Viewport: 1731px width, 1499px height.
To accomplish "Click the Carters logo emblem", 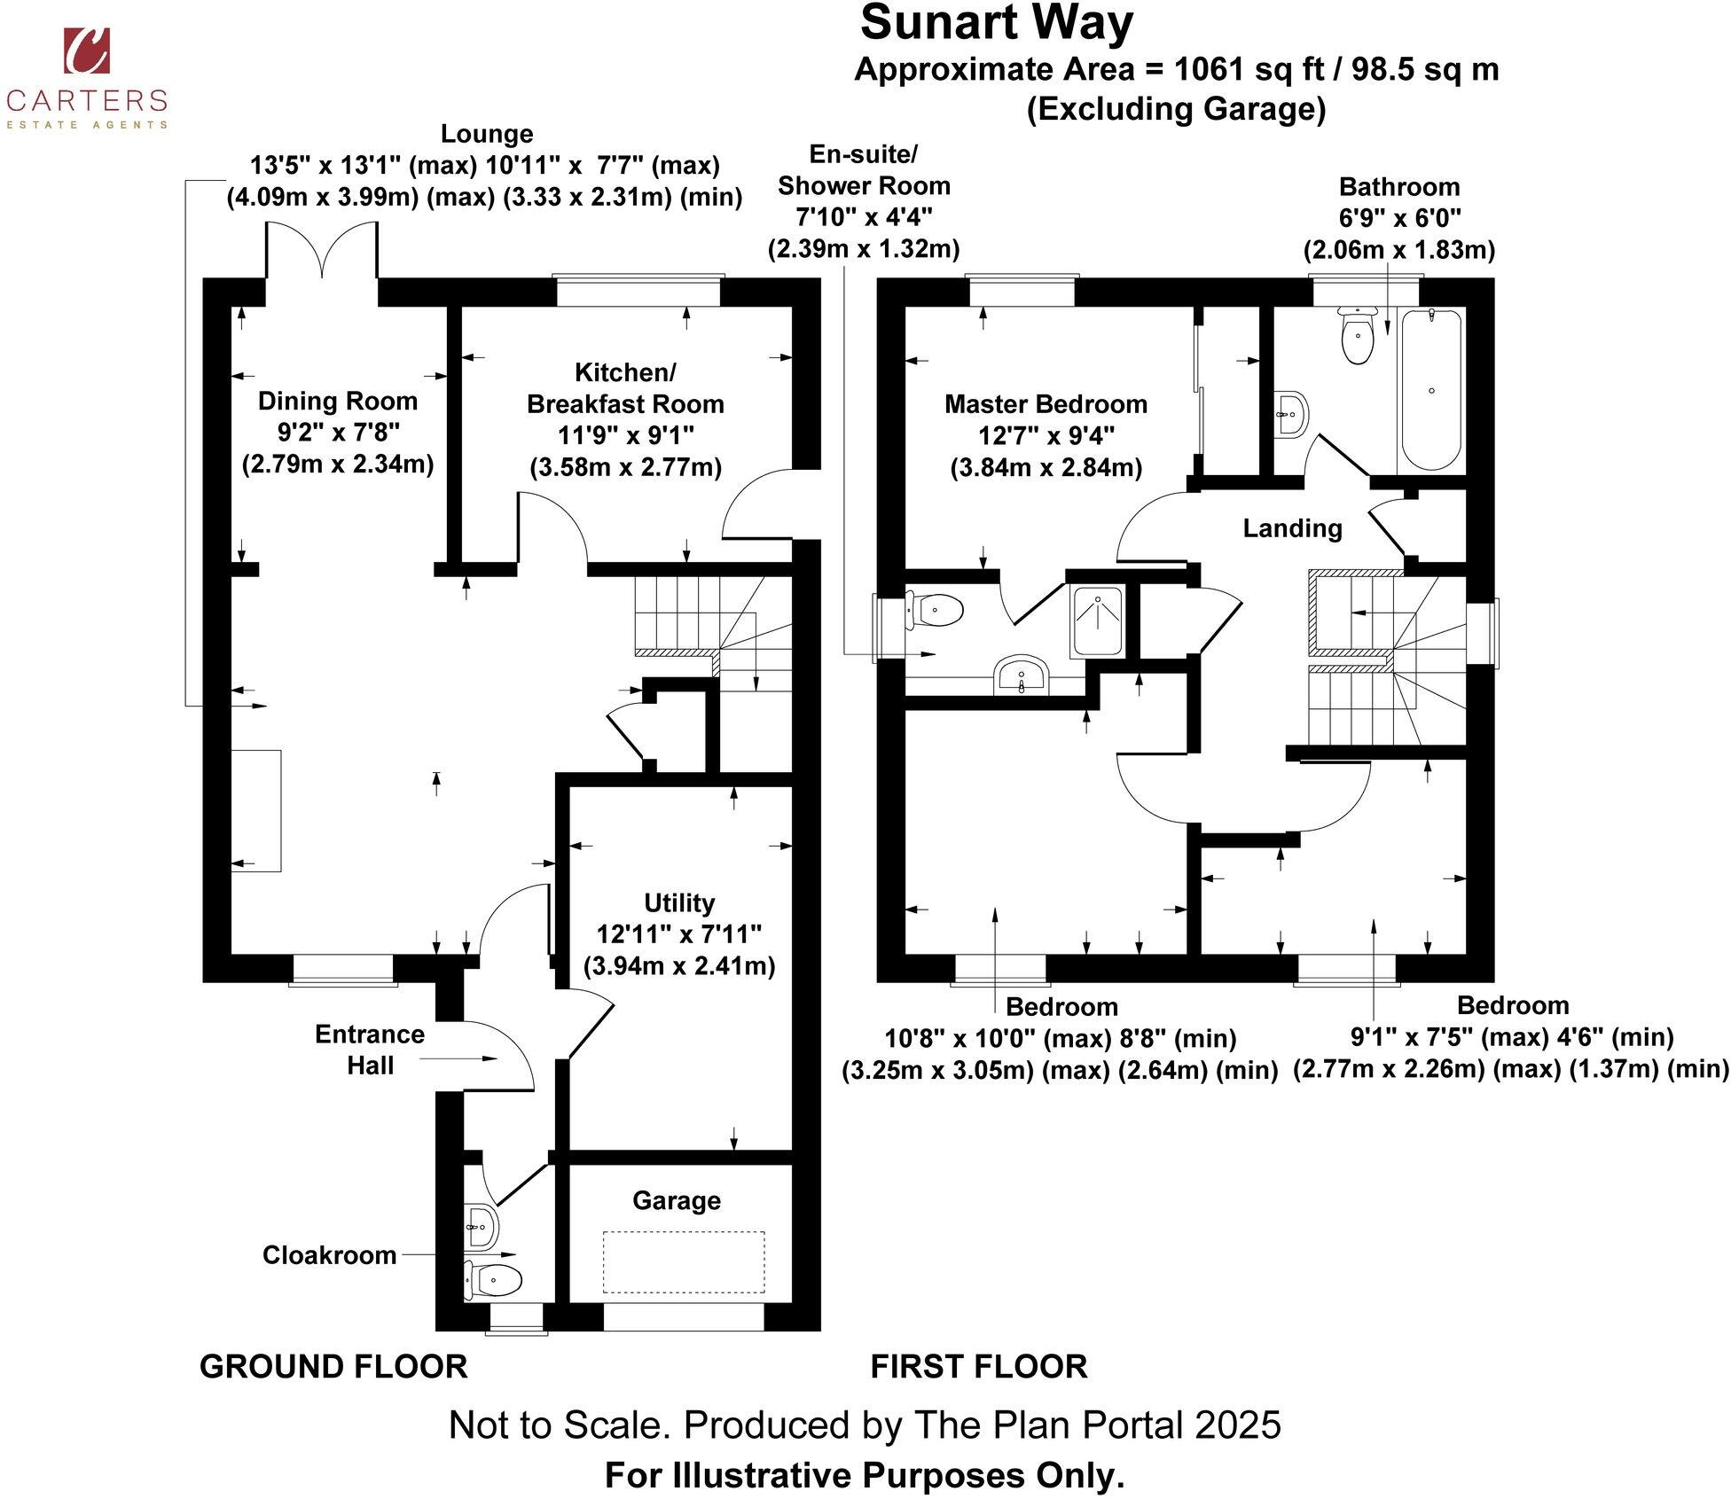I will click(86, 51).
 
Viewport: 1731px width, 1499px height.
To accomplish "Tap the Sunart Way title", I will click(996, 23).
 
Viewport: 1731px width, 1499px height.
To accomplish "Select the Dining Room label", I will click(338, 402).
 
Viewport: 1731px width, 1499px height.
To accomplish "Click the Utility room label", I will click(679, 903).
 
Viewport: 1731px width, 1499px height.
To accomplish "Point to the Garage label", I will click(677, 1200).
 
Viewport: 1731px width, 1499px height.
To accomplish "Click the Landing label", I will click(1292, 528).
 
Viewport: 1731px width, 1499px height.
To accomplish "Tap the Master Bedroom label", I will click(1046, 404).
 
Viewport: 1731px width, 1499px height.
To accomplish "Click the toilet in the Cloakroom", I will click(493, 1280).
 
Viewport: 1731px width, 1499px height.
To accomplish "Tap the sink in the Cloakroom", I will click(482, 1227).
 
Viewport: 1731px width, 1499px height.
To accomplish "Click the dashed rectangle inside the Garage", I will click(683, 1261).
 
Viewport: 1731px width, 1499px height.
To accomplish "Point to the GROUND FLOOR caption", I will click(333, 1367).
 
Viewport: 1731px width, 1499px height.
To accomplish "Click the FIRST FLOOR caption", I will click(978, 1367).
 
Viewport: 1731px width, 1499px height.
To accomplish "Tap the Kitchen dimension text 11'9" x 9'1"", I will click(625, 435).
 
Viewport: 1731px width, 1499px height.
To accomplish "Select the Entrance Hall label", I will click(370, 1050).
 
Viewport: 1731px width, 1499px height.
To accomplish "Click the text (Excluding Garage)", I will click(1176, 109).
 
